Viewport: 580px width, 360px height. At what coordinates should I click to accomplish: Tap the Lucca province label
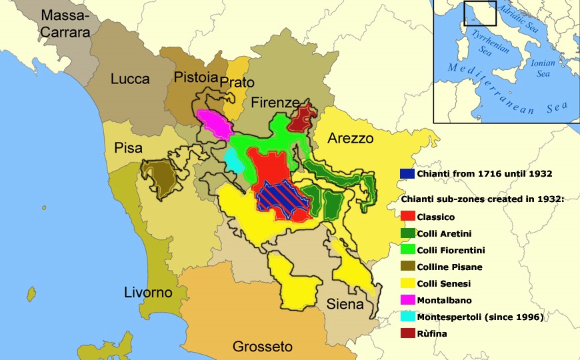130,79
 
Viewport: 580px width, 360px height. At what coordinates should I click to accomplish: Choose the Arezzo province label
350,138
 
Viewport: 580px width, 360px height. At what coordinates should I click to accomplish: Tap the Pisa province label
128,148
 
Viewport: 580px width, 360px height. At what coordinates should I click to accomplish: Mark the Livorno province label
148,293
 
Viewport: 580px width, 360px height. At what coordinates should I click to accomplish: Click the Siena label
345,305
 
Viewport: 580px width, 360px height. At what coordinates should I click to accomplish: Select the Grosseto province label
262,347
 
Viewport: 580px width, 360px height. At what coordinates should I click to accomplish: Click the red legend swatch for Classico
408,217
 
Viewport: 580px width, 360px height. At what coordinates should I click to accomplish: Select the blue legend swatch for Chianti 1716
408,174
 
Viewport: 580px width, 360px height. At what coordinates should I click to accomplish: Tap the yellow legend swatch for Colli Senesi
408,283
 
